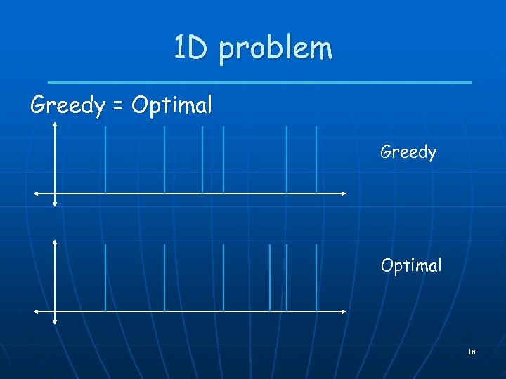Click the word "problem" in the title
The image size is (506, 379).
(275, 49)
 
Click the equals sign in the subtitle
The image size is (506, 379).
(117, 107)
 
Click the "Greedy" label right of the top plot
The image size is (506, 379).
(408, 152)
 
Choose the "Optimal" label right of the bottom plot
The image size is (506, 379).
(411, 265)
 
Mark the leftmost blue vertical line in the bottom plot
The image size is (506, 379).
(105, 278)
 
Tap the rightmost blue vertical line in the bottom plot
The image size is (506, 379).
(316, 278)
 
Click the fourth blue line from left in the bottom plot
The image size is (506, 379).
(270, 278)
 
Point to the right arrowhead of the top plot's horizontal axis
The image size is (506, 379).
(344, 193)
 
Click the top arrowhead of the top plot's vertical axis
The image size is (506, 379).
(55, 125)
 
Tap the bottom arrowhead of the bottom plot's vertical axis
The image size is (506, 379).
(55, 322)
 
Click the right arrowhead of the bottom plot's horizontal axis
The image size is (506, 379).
(344, 311)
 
